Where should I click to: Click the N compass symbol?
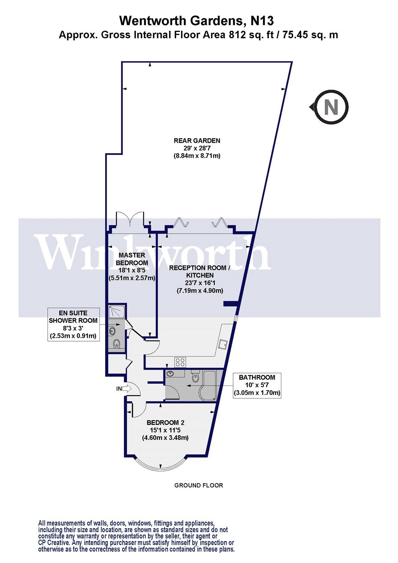click(331, 107)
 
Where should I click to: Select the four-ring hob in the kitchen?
click(180, 362)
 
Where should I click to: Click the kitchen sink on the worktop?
click(223, 344)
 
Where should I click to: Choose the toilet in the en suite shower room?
click(117, 343)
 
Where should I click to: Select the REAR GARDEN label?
click(197, 141)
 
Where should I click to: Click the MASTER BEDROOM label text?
click(132, 259)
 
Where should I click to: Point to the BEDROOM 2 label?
click(165, 423)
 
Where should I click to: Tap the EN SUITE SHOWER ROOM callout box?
click(73, 324)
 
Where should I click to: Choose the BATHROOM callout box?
click(257, 385)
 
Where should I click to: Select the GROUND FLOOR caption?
click(199, 485)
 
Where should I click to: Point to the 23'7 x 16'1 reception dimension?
click(200, 283)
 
